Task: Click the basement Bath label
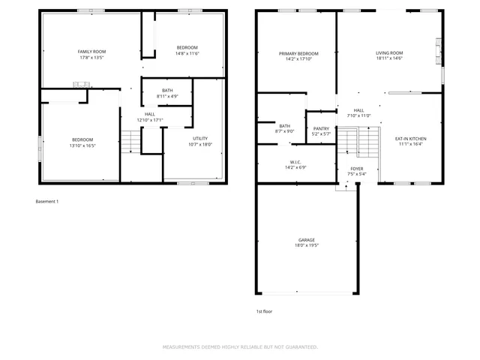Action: click(x=166, y=90)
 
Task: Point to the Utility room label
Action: click(x=200, y=139)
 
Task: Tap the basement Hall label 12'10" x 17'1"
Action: click(x=150, y=120)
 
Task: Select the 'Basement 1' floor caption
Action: click(x=46, y=201)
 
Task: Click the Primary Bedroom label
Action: click(x=298, y=53)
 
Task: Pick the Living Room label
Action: click(x=390, y=53)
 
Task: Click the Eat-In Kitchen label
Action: click(x=411, y=139)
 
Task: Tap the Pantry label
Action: click(x=321, y=128)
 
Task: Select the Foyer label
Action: click(x=357, y=169)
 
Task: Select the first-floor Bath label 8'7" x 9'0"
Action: click(x=285, y=128)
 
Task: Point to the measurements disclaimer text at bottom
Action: click(x=240, y=347)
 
